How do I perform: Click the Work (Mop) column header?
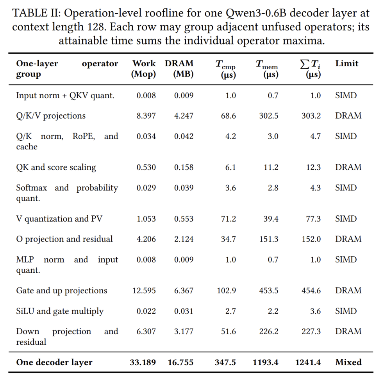[143, 69]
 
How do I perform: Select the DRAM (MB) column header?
[179, 69]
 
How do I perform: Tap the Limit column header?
[347, 64]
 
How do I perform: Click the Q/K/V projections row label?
[51, 116]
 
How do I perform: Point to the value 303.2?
[311, 116]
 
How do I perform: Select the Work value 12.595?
[144, 291]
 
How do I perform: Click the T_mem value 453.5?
[268, 291]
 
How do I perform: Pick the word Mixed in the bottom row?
[348, 362]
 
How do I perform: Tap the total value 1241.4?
[308, 362]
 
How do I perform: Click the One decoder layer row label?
[54, 362]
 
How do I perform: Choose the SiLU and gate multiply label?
[60, 311]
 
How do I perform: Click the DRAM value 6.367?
[184, 291]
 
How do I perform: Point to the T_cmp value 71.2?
[228, 219]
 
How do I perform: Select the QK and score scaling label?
[56, 167]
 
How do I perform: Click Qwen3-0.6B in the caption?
[256, 13]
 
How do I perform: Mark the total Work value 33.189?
[143, 362]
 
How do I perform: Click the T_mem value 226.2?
[268, 332]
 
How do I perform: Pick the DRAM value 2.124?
[184, 239]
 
